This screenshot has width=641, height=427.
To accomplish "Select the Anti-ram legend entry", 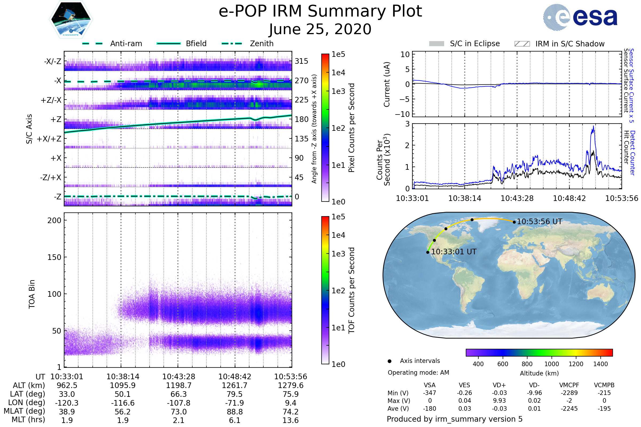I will coord(112,44).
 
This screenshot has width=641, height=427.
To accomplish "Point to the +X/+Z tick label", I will coord(49,139).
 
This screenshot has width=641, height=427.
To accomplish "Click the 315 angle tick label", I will coord(301,61).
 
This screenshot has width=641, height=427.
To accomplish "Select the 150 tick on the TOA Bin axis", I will coord(54,257).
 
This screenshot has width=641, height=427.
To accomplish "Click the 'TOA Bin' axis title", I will coord(32,294).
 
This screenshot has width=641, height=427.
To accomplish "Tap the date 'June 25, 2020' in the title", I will coord(320,29).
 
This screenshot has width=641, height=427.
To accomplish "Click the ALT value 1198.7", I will coord(178,385).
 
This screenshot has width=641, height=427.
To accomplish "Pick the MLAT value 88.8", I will coord(235,412).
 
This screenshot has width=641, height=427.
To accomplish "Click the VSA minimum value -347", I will coord(429,393).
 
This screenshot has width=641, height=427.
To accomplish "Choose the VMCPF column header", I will coord(569,385).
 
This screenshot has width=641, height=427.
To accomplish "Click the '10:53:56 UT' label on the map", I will coord(539,222).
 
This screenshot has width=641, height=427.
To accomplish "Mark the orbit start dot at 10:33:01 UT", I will coord(428,252).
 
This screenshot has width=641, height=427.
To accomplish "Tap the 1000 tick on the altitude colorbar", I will coord(551,364).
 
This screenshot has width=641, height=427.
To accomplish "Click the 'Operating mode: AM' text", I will coord(418,373).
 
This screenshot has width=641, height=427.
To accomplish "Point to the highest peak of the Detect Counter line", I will coord(593,126).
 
